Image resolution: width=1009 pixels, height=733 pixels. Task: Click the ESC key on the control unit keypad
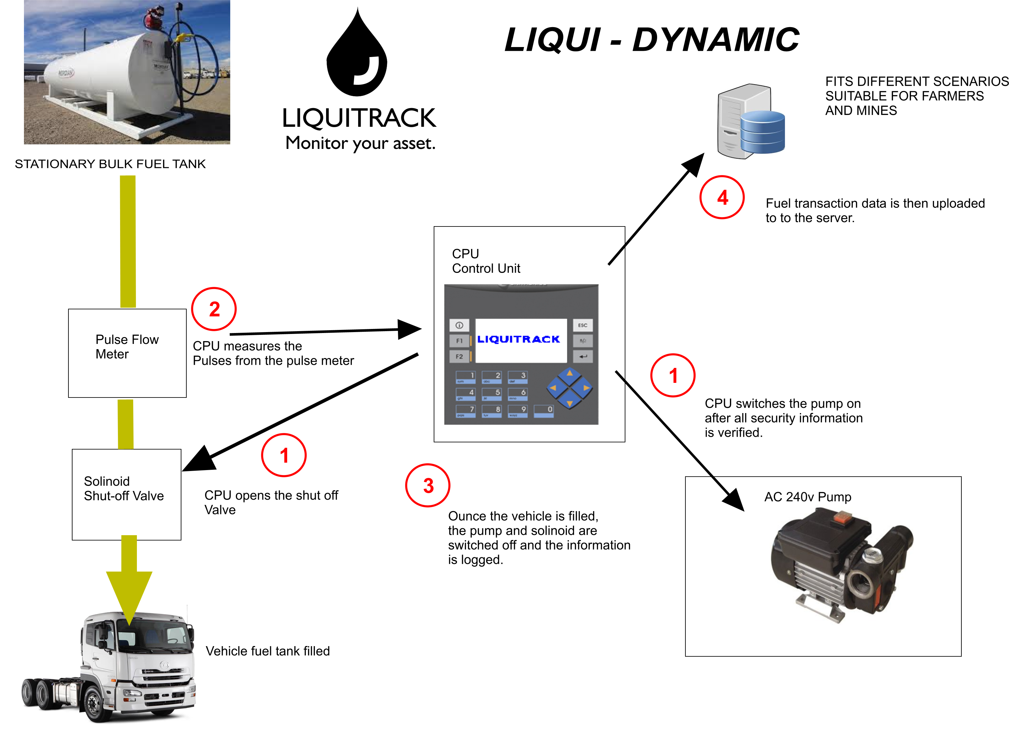coord(582,325)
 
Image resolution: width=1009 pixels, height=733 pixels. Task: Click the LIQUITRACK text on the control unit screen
coord(518,339)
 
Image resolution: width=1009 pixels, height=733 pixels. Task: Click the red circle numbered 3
coord(427,485)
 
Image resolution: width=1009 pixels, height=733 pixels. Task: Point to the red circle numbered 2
coord(214,309)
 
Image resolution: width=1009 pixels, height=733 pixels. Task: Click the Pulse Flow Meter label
coord(127,346)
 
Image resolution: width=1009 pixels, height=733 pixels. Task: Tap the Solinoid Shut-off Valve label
coord(124,488)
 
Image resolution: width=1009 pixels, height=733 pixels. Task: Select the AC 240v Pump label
coord(807,497)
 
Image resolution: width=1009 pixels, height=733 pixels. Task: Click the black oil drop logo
coord(357,56)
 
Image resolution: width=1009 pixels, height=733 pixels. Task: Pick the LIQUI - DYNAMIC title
coord(652,40)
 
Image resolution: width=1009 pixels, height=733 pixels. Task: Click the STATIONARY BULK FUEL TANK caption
coord(110,164)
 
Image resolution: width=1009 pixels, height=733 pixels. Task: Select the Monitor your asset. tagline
coord(360,143)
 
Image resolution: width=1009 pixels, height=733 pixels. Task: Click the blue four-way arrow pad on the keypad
coord(569,388)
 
